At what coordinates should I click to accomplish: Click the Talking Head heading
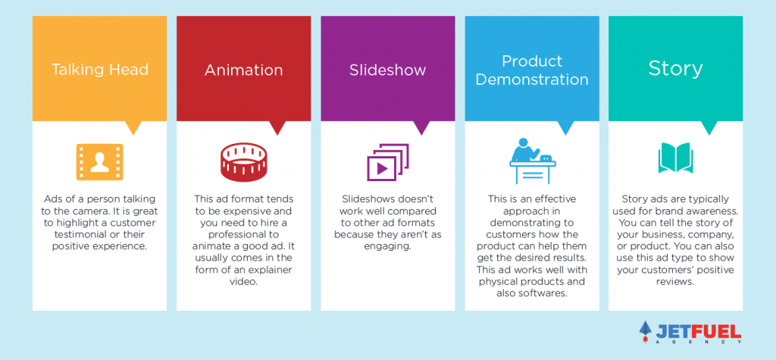point(99,69)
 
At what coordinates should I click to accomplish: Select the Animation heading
point(243,70)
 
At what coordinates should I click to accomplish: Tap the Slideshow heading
point(387,70)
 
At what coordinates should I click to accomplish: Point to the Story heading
point(675,70)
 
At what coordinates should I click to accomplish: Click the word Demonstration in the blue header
point(532,80)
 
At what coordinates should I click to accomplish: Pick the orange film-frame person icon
point(99,162)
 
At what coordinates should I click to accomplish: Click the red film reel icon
point(243,162)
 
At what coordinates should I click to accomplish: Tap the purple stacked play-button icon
point(387,162)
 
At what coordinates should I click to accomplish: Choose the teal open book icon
point(675,158)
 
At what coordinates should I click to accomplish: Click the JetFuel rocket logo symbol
point(646,331)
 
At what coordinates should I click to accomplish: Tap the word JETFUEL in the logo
point(698,330)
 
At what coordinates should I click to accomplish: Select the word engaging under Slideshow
point(387,246)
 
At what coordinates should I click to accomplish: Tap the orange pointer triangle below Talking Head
point(133,128)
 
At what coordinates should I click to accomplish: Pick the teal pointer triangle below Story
point(709,128)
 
